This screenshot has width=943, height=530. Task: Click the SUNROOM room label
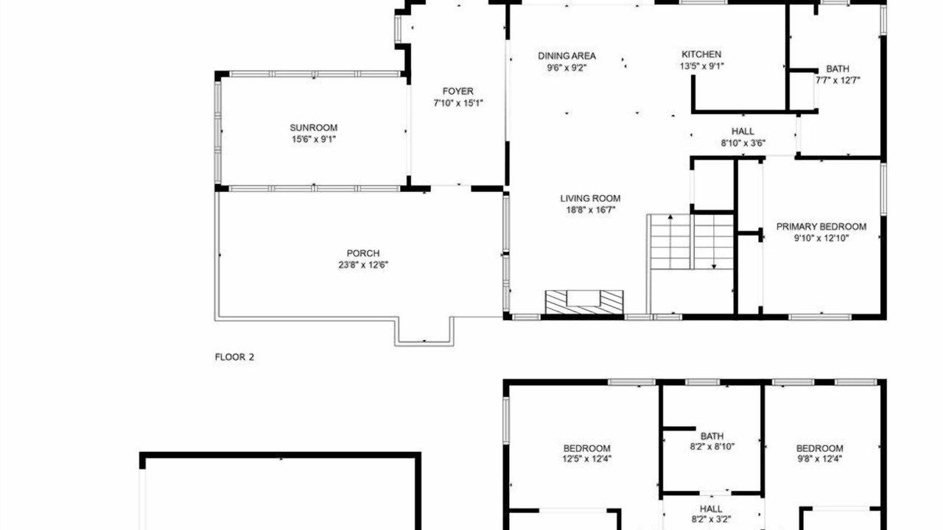pyautogui.click(x=313, y=127)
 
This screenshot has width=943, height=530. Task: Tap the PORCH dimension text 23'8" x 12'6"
pyautogui.click(x=363, y=265)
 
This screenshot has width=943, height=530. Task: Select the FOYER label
pyautogui.click(x=458, y=91)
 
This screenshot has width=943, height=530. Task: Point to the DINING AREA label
pyautogui.click(x=567, y=55)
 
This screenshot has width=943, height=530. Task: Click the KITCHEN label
pyautogui.click(x=701, y=54)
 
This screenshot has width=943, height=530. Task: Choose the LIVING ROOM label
pyautogui.click(x=590, y=198)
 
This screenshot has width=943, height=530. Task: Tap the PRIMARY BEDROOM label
pyautogui.click(x=821, y=227)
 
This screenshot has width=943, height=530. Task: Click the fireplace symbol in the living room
pyautogui.click(x=584, y=302)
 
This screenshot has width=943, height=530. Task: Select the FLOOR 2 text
pyautogui.click(x=234, y=357)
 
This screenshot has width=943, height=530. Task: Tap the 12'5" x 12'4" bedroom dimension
pyautogui.click(x=587, y=459)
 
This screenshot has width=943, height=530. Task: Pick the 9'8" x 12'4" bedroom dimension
pyautogui.click(x=820, y=459)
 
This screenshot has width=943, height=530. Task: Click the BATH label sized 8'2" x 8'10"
pyautogui.click(x=712, y=437)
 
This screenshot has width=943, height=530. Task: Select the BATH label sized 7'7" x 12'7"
pyautogui.click(x=838, y=68)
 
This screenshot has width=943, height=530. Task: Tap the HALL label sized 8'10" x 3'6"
pyautogui.click(x=743, y=131)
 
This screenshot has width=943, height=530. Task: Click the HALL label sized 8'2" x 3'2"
pyautogui.click(x=711, y=509)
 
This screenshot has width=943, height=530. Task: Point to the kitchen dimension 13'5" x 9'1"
pyautogui.click(x=702, y=66)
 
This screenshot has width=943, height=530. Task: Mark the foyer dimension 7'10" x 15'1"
pyautogui.click(x=458, y=102)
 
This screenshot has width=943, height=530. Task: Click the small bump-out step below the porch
pyautogui.click(x=424, y=332)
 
